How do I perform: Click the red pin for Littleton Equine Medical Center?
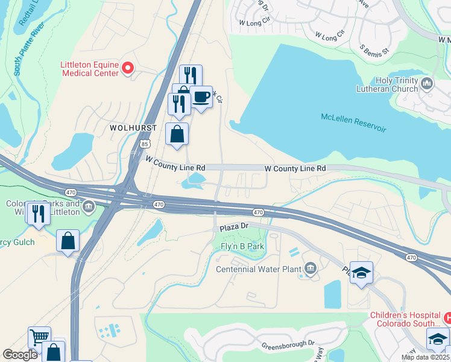(x=127, y=68)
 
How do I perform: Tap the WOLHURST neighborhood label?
(x=133, y=129)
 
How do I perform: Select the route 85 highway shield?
(x=143, y=144)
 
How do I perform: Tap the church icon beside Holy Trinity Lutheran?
(x=427, y=83)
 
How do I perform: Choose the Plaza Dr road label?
(x=234, y=226)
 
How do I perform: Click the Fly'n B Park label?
(x=242, y=247)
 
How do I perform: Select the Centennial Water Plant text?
(x=258, y=269)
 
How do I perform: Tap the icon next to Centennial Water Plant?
(x=311, y=267)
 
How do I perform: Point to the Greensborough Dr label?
(x=288, y=345)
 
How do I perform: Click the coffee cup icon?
(x=201, y=97)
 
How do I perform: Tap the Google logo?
(x=20, y=355)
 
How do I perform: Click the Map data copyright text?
(x=425, y=357)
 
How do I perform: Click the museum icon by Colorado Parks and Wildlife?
(x=89, y=208)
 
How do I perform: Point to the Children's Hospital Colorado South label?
(x=405, y=319)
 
